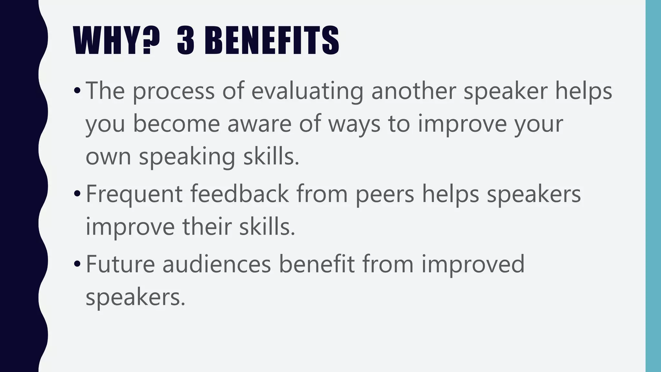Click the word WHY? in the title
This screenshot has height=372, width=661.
pos(116,41)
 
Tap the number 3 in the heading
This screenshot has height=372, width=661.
pos(186,41)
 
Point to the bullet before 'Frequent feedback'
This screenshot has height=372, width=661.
pos(76,194)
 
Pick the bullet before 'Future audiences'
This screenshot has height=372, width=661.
pos(76,264)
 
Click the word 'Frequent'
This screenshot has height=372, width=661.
pos(134,194)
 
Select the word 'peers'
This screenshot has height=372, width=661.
pos(385,194)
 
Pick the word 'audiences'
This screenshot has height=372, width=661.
pos(217,264)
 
